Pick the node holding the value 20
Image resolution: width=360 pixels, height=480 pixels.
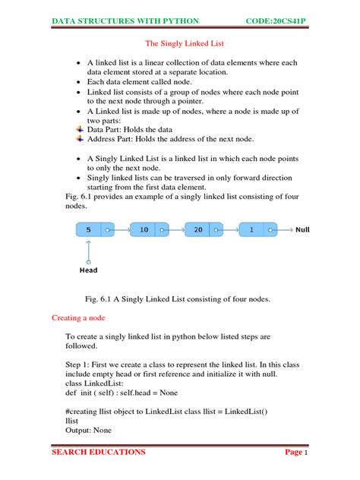pyautogui.click(x=199, y=229)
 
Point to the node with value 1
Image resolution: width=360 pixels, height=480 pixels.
pyautogui.click(x=251, y=229)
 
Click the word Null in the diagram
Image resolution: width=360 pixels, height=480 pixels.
pyautogui.click(x=303, y=229)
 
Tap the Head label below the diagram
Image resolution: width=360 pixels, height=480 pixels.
pyautogui.click(x=88, y=270)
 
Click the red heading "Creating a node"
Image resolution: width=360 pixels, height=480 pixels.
pyautogui.click(x=81, y=316)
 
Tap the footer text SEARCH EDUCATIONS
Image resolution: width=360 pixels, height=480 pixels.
pyautogui.click(x=98, y=453)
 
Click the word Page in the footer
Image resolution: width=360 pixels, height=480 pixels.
pyautogui.click(x=292, y=453)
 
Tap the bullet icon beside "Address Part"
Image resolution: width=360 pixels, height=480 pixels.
pyautogui.click(x=81, y=139)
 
